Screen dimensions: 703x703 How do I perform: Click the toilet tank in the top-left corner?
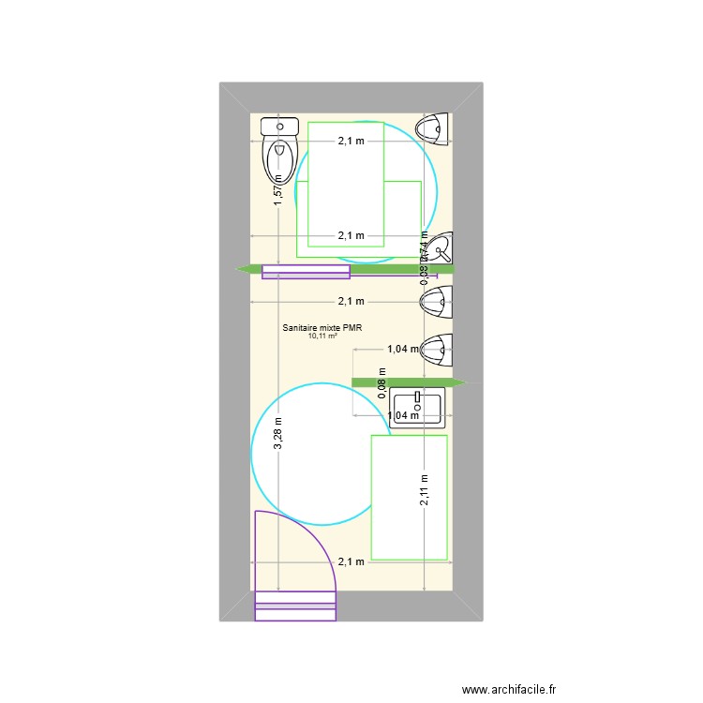coord(279,126)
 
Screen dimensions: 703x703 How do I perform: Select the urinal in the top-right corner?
coord(436,128)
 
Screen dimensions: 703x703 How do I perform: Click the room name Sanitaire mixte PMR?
coord(322,328)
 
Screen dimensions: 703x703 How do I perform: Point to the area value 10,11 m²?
coord(322,337)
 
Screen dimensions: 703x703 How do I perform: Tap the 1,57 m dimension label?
coord(277,190)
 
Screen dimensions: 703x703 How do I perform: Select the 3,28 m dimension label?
coord(277,434)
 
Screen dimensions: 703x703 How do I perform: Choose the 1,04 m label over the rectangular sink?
coord(402,415)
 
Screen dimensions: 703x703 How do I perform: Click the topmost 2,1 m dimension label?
coord(351,142)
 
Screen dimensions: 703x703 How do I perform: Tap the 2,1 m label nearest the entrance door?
coord(351,561)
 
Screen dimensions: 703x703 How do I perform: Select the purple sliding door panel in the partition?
coord(306,272)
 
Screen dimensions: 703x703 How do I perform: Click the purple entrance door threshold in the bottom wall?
coord(295,606)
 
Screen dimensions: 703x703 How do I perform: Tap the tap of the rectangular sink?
coord(419,398)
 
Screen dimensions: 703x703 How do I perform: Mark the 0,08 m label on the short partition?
coord(382,387)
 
